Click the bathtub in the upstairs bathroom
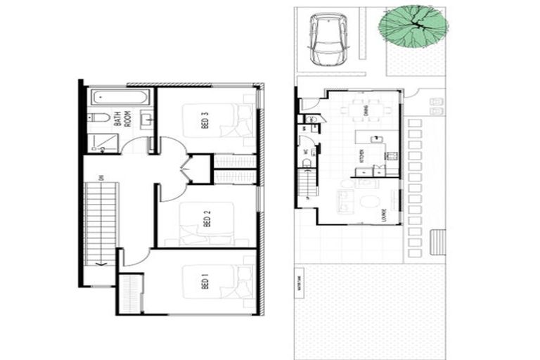(120, 96)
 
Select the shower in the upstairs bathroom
(103, 143)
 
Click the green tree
(413, 25)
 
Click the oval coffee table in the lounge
(369, 202)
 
